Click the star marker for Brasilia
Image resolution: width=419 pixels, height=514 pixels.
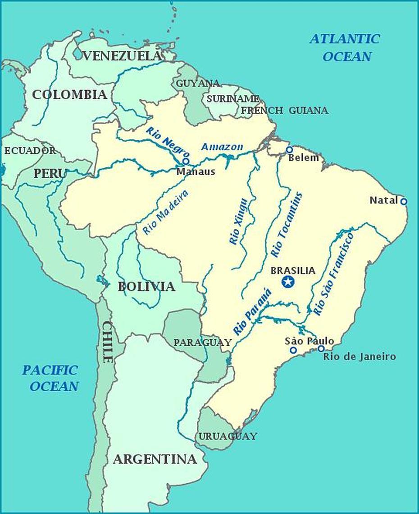coord(288,282)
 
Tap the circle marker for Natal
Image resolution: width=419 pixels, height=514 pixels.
coord(404,201)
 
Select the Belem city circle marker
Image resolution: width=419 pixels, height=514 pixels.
coord(289,150)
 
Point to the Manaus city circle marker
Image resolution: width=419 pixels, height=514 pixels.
coord(186,161)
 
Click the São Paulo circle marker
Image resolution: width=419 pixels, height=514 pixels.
coord(293,350)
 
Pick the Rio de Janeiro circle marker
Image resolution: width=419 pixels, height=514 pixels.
coord(321,348)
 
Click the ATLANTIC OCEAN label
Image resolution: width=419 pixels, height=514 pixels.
coord(345,47)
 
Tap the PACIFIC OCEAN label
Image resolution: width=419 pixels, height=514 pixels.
coord(50,378)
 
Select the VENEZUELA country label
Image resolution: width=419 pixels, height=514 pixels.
coord(122,56)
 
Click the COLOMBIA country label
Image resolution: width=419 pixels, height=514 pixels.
coord(69,95)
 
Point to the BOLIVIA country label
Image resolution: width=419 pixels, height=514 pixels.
coord(146,287)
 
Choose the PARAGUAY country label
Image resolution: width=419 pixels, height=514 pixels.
coord(202,343)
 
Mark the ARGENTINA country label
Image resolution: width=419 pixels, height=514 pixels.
coord(155,459)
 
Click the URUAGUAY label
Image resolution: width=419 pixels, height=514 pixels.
coord(228,436)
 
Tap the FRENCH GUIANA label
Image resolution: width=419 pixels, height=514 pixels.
coord(285,110)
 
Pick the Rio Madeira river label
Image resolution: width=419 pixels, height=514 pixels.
coord(165,212)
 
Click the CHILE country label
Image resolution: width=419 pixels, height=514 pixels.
coord(107,342)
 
